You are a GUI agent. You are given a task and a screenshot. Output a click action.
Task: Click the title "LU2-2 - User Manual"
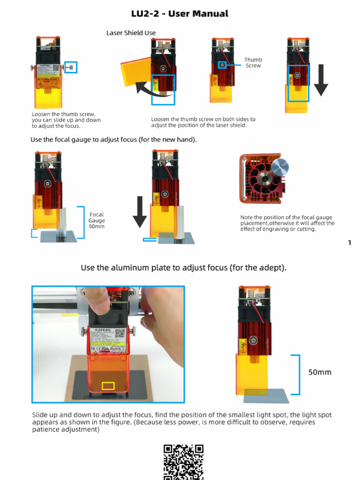180,14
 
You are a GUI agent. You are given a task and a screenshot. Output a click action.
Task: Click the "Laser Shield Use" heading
131,33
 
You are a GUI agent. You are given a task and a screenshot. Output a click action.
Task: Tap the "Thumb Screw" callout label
253,63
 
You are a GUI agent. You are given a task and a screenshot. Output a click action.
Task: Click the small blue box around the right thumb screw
71,67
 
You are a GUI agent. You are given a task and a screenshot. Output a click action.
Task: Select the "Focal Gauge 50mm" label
97,220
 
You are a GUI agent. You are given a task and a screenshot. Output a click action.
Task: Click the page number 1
350,242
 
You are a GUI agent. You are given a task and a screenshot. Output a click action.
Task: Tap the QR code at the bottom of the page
183,461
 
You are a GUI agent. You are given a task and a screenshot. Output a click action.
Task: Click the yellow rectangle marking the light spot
108,386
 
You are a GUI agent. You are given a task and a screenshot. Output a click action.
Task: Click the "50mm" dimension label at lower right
319,372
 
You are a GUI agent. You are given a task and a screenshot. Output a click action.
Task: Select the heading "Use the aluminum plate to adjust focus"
183,268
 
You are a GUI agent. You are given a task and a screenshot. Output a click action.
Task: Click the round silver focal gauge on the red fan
280,167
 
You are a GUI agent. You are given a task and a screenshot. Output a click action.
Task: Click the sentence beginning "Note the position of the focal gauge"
287,223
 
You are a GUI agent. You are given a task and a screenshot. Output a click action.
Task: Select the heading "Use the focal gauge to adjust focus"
113,140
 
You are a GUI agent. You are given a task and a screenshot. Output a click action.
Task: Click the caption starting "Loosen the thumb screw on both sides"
203,122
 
